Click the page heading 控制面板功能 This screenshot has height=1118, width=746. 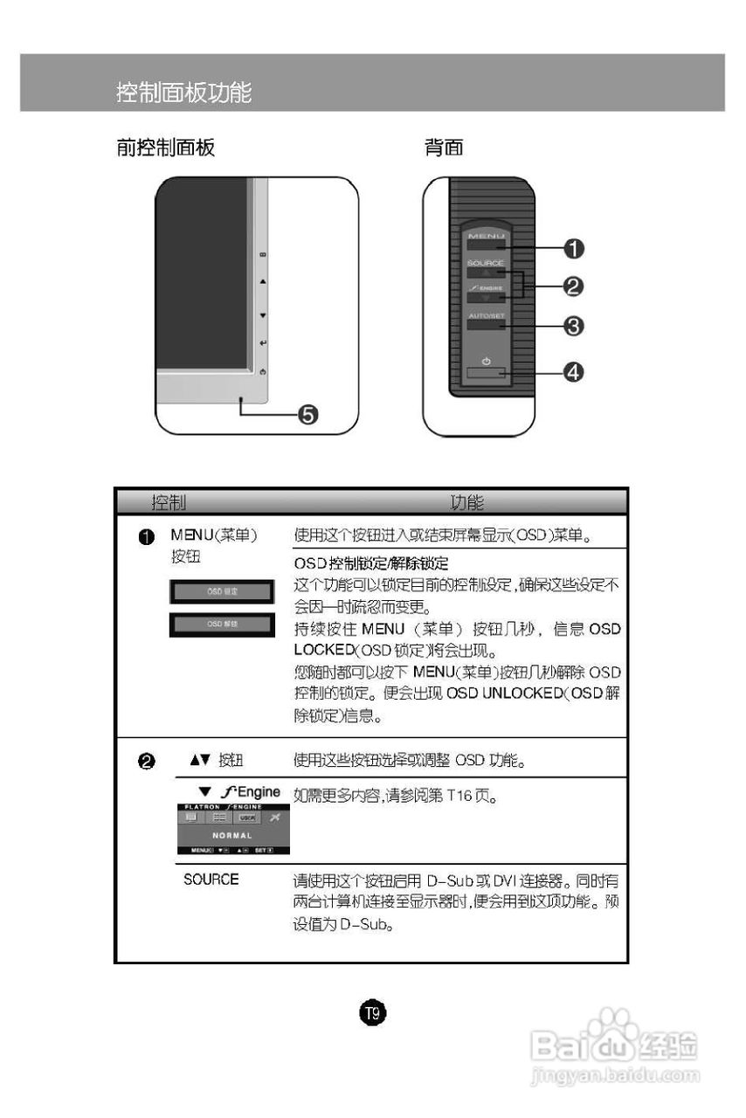coord(184,92)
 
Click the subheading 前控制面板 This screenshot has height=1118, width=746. coord(166,148)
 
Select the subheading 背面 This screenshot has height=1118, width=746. coord(444,148)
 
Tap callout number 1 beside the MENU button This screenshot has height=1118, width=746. coord(572,248)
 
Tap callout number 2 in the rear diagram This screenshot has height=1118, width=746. coord(572,286)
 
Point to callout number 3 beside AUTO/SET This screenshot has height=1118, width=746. coord(572,326)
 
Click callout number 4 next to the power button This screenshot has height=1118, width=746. coord(572,372)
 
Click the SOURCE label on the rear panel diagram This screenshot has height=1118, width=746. coord(485,263)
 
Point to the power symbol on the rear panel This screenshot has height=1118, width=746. coord(486,361)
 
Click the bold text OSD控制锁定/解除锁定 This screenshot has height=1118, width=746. coord(371,564)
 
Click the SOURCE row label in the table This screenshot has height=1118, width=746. coord(211,880)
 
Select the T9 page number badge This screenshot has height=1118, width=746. coord(373,1013)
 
